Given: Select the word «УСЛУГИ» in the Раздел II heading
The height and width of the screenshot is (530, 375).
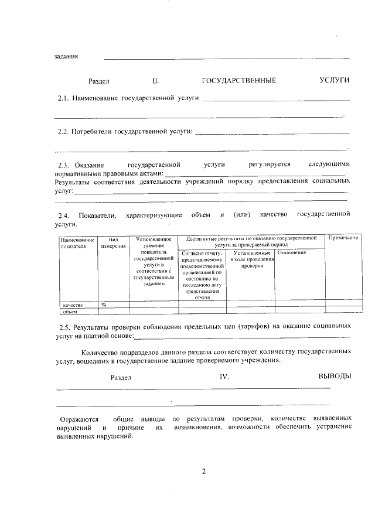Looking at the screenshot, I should click(x=335, y=80).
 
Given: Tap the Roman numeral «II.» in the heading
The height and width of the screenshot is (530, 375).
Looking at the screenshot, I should click(x=155, y=81).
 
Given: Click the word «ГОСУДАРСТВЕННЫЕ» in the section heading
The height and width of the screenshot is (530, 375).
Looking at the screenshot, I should click(x=238, y=80).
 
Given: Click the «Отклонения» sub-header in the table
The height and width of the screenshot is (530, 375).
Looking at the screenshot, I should click(x=292, y=252).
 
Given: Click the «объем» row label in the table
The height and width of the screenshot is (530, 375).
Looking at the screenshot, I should click(x=71, y=311).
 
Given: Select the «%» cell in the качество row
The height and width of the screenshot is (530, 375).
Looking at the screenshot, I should click(x=104, y=305).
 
